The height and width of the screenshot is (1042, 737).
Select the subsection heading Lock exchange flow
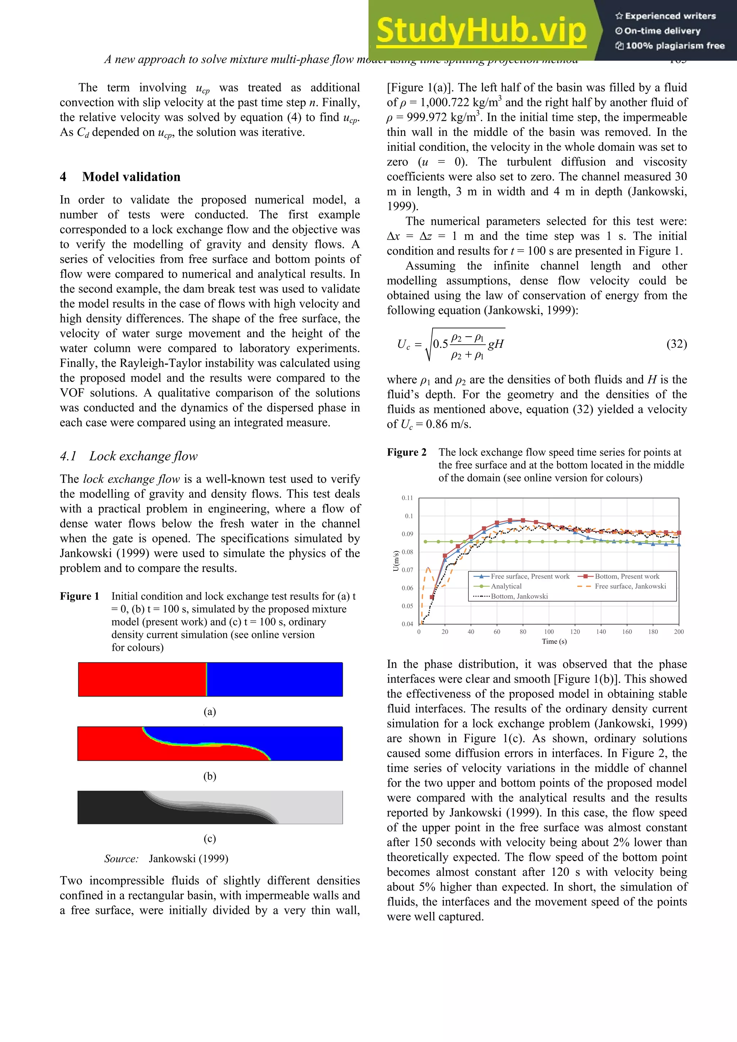(x=143, y=456)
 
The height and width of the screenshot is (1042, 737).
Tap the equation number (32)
(x=676, y=344)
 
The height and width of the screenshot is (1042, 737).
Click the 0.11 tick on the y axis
(x=407, y=498)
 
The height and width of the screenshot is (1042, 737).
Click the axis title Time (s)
(x=554, y=641)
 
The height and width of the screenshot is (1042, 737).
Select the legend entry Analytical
(x=506, y=586)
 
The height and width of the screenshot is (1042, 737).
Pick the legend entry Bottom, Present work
(x=627, y=576)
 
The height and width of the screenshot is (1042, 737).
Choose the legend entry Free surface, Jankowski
(x=630, y=586)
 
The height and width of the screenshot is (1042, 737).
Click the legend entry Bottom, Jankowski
(x=519, y=596)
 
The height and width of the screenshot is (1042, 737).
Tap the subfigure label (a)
(x=210, y=711)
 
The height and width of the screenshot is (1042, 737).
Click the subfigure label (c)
(x=210, y=838)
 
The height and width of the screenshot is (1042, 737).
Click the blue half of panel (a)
(x=275, y=679)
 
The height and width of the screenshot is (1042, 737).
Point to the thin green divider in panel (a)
(x=207, y=679)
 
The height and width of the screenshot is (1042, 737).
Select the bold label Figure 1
(x=80, y=596)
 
